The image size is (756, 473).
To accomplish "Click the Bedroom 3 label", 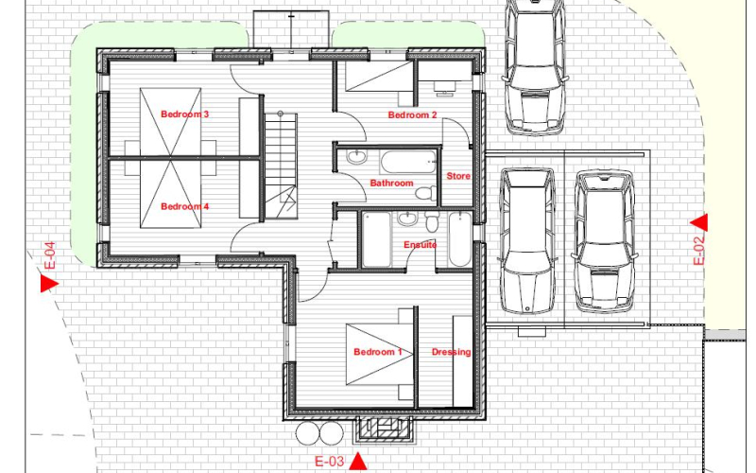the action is point(184,114).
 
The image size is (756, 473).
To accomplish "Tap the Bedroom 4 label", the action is point(184,206).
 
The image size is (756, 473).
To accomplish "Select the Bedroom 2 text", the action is point(412,114).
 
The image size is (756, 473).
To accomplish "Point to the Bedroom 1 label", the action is point(377,352).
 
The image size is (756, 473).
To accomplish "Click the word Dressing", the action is point(452,352).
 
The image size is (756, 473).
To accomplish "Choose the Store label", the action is point(458,176).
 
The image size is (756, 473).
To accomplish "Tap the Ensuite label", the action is point(420,245).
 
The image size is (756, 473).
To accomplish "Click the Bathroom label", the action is point(391,183).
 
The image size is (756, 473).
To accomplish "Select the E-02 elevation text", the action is point(698,249).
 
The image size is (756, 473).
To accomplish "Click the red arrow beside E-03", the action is point(357,461).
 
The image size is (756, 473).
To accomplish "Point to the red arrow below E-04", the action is point(49,283).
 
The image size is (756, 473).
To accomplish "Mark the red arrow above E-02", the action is point(699,222).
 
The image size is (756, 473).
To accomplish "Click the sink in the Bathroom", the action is point(357,157).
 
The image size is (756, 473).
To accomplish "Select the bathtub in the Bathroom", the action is point(408,162).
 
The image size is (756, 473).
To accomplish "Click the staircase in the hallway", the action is point(281,165).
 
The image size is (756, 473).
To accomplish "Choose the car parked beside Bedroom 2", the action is point(535,65).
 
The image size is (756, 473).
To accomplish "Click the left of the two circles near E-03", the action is point(308,433).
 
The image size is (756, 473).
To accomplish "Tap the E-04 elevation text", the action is point(50,255).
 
